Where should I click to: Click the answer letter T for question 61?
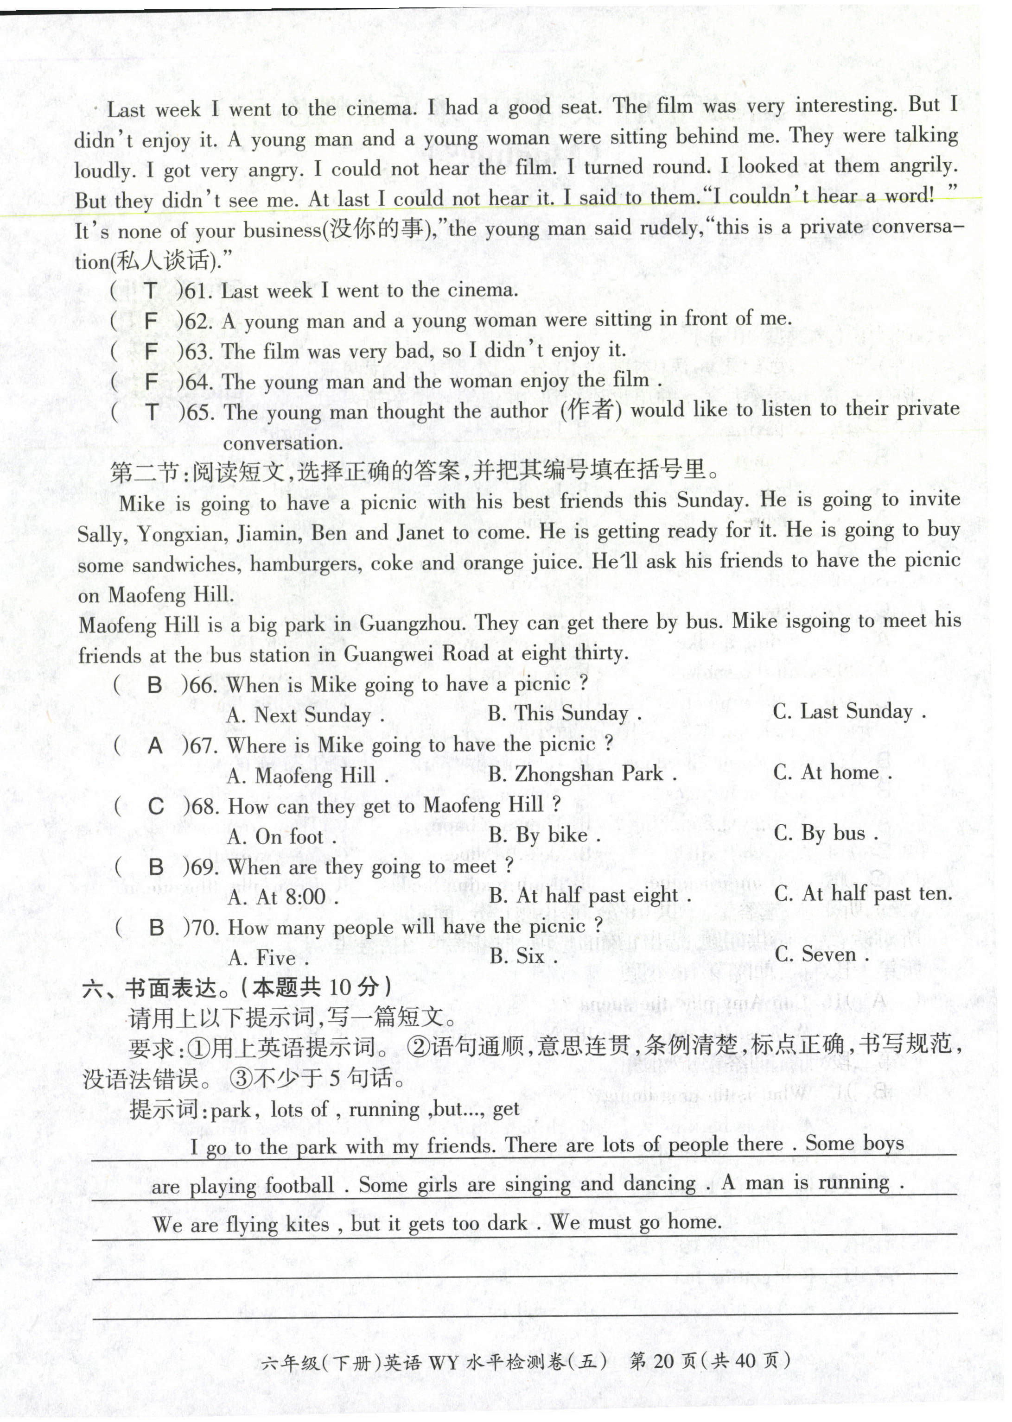[151, 290]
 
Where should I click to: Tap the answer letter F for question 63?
[151, 351]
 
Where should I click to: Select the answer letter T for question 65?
[152, 412]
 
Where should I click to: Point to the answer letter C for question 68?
[156, 807]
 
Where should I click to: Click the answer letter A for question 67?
[155, 746]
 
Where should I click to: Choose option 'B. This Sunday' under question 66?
[564, 713]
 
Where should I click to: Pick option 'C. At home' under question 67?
[832, 773]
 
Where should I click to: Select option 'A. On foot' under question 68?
[282, 836]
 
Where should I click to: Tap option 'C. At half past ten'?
[863, 894]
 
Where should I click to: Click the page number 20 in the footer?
[665, 1378]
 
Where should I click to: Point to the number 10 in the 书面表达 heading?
[340, 986]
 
